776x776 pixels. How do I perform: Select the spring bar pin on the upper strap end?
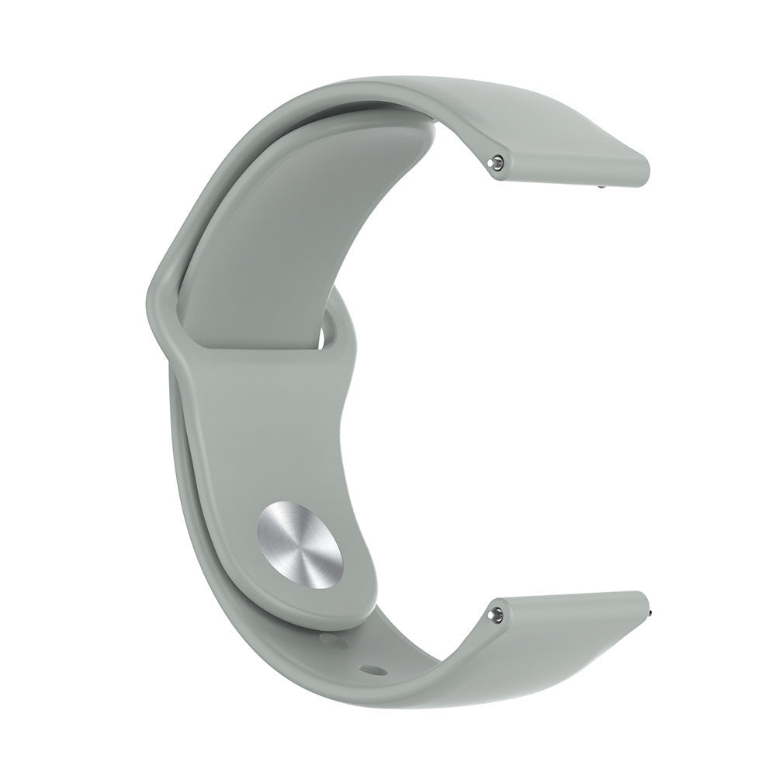tap(497, 140)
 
